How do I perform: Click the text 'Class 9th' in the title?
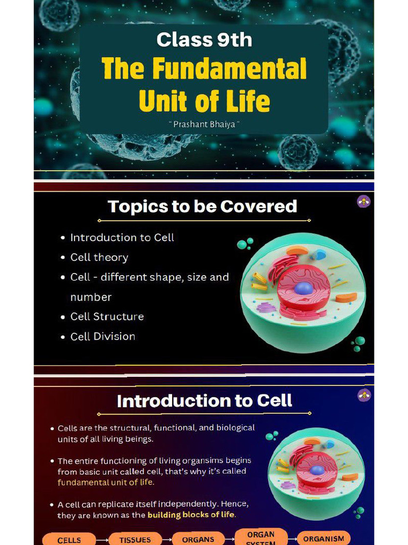click(204, 39)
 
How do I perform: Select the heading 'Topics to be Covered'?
click(202, 207)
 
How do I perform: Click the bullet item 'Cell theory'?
click(99, 258)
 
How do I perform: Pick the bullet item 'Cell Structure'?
click(107, 317)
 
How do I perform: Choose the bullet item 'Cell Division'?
click(103, 336)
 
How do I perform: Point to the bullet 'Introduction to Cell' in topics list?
click(122, 238)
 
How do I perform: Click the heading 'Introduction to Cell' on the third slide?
click(205, 401)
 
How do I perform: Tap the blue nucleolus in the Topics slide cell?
click(304, 288)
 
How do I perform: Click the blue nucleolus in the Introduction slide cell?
click(317, 470)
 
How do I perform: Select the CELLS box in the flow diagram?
click(69, 539)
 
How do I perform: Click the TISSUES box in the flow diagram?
click(135, 539)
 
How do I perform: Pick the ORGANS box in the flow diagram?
click(198, 539)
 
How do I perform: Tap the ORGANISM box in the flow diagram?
click(324, 539)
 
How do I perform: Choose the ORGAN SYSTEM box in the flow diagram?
click(261, 538)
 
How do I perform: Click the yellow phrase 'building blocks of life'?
click(191, 515)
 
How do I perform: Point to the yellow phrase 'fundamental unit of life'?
click(106, 482)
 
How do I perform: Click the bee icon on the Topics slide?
click(363, 202)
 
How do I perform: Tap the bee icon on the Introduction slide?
click(364, 395)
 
